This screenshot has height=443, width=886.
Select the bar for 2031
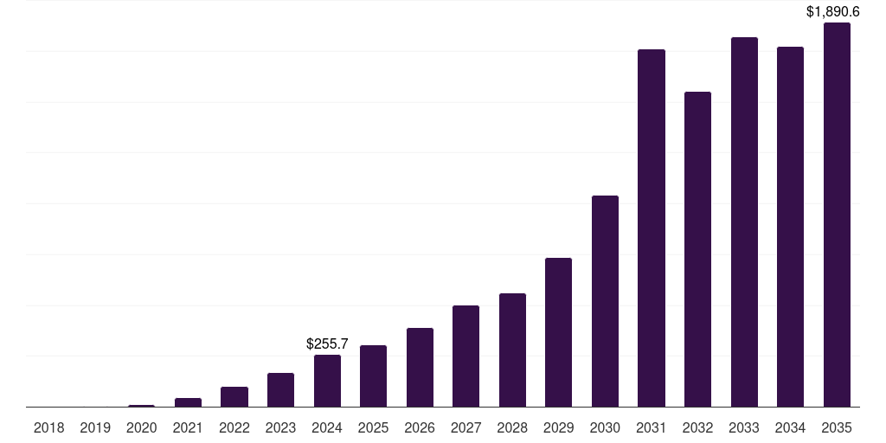(652, 228)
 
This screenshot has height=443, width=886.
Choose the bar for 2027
(466, 356)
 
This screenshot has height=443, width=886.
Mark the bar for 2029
(559, 332)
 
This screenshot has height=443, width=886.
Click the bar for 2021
(188, 402)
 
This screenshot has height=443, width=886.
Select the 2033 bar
(744, 222)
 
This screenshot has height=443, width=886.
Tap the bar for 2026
(420, 367)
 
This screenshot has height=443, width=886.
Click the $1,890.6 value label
(832, 12)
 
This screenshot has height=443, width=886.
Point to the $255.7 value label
(327, 344)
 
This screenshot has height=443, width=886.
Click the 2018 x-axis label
(48, 427)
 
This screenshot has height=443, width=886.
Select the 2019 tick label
(95, 427)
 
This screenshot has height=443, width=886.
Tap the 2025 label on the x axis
(373, 427)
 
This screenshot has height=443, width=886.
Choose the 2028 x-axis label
(512, 427)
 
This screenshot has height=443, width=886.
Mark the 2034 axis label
(790, 427)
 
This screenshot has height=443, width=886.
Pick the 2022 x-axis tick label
(234, 427)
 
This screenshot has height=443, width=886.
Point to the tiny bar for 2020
(142, 405)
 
